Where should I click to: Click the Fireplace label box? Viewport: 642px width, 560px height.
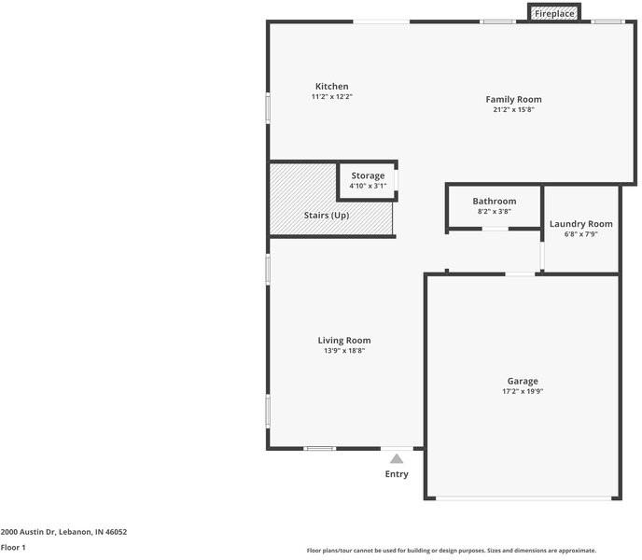tap(554, 13)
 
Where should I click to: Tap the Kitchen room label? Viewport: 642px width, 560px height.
tap(331, 87)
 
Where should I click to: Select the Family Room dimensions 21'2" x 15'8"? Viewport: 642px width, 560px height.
tap(513, 109)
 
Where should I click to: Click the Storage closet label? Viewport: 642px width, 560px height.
tap(368, 175)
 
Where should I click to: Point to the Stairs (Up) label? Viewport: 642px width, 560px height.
tap(327, 215)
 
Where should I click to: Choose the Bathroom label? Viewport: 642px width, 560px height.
tap(495, 202)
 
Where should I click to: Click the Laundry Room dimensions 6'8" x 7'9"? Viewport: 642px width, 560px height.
tap(581, 234)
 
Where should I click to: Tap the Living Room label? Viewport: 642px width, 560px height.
tap(344, 341)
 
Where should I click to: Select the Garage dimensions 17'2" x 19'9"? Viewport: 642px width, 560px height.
tap(523, 391)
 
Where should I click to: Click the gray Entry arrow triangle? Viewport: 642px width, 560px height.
tap(397, 458)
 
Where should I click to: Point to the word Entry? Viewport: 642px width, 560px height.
tap(397, 474)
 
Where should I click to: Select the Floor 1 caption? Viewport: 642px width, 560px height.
tap(13, 547)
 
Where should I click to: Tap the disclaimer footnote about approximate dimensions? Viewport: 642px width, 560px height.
tap(452, 551)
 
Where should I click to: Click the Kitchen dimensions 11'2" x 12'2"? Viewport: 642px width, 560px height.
tap(331, 97)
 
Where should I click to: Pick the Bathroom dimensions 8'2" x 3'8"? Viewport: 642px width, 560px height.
tap(495, 211)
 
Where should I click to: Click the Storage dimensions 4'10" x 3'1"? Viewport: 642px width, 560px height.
tap(368, 186)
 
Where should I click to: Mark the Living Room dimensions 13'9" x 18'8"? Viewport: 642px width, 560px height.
tap(344, 351)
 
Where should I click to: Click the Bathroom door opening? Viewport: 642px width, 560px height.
tap(495, 229)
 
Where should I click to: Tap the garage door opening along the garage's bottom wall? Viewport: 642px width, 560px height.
tap(523, 498)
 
